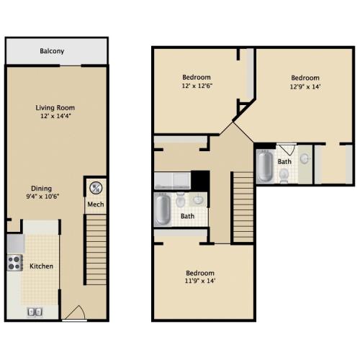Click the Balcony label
point(52,51)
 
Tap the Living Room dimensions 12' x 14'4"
point(55,116)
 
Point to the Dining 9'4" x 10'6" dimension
point(42,197)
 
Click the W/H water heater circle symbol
point(96,188)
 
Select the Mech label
point(96,204)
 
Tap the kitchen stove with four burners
point(14,263)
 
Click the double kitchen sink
point(35,312)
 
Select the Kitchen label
point(41,266)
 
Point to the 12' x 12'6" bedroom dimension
point(197,86)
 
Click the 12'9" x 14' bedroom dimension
point(305,86)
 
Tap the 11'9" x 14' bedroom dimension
point(200,281)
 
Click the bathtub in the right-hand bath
point(265,166)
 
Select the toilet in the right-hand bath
point(284,175)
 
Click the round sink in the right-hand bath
point(305,158)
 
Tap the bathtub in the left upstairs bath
point(163,210)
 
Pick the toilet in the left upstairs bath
point(180,199)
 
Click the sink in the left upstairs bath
point(198,199)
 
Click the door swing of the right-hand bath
point(287,149)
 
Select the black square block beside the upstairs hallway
point(200,181)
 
